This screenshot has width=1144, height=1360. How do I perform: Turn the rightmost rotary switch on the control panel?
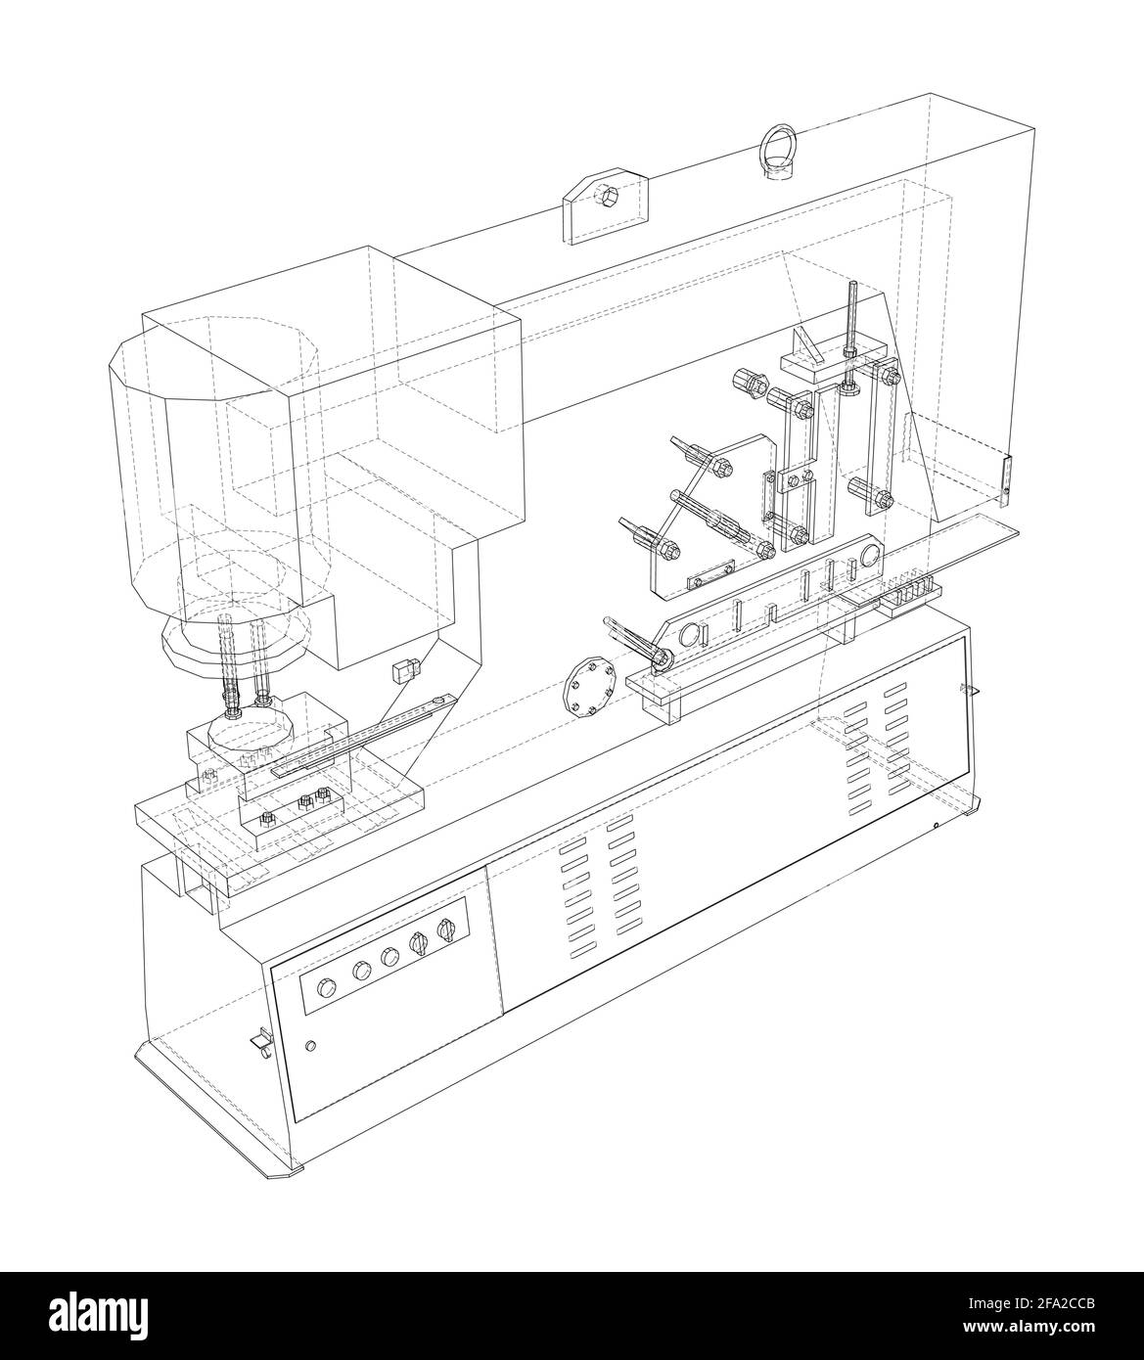click(x=447, y=931)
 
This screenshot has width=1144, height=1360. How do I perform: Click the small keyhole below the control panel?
click(x=311, y=1046)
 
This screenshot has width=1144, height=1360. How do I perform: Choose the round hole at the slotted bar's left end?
click(x=691, y=635)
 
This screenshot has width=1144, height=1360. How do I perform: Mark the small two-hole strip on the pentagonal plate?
click(x=709, y=575)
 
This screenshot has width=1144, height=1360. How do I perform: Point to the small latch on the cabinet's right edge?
click(x=968, y=691)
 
